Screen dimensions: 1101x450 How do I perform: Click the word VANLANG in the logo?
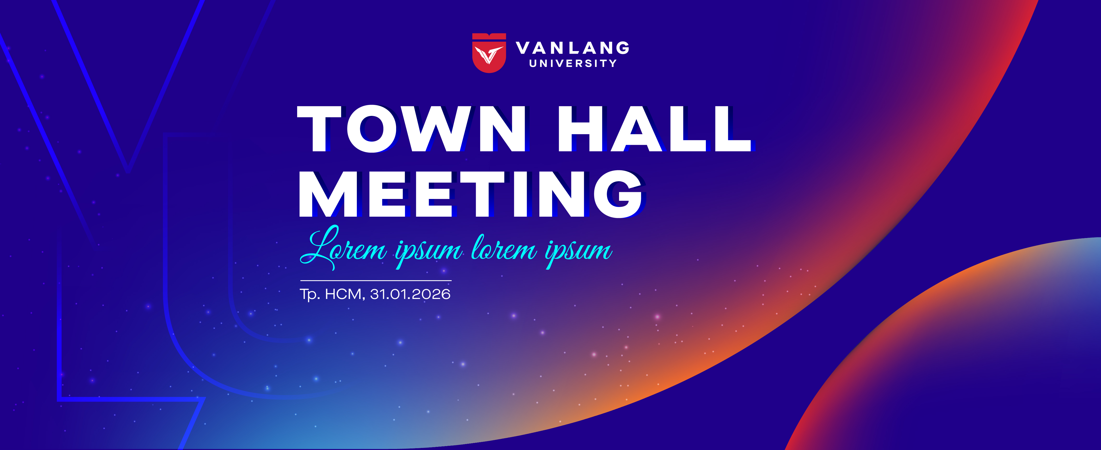573,48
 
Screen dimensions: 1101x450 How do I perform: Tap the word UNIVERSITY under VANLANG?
573,64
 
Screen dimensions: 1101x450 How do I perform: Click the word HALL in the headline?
654,129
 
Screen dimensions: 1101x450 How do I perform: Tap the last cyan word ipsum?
578,252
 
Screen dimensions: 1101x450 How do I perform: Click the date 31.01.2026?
410,294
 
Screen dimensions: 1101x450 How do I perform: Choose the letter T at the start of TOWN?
319,129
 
